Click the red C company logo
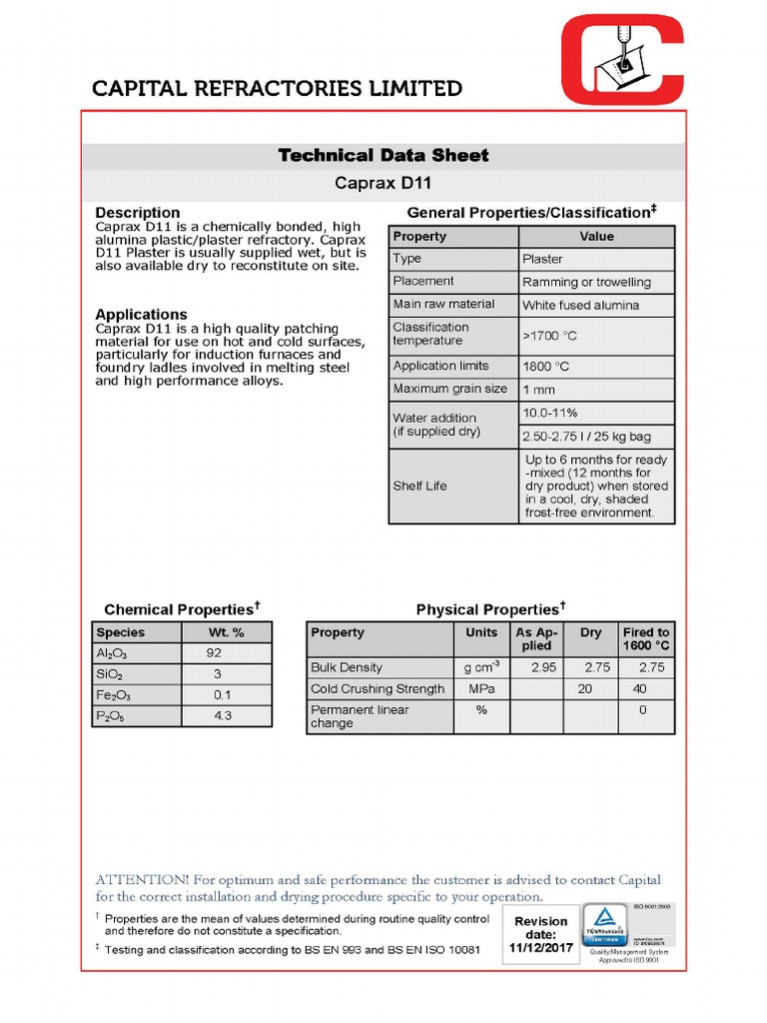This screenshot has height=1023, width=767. (x=622, y=59)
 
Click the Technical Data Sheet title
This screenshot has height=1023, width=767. (x=383, y=155)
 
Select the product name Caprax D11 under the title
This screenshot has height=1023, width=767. (x=383, y=184)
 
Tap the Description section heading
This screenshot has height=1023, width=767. (x=138, y=213)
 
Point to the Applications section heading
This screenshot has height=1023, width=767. (x=141, y=315)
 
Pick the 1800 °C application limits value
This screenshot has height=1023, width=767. (x=546, y=367)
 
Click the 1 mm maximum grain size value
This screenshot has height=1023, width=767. (x=539, y=390)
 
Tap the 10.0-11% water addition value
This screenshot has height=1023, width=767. (x=550, y=413)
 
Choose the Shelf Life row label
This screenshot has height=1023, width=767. (x=419, y=487)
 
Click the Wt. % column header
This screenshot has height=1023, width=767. (x=226, y=632)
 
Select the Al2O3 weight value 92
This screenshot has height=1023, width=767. (x=214, y=653)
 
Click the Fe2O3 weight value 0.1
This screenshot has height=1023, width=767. (x=222, y=695)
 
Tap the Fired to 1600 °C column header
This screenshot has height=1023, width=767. (x=646, y=639)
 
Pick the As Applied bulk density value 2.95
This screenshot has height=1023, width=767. (x=543, y=667)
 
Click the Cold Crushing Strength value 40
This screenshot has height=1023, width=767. (x=640, y=689)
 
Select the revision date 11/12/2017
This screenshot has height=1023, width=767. (x=541, y=947)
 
